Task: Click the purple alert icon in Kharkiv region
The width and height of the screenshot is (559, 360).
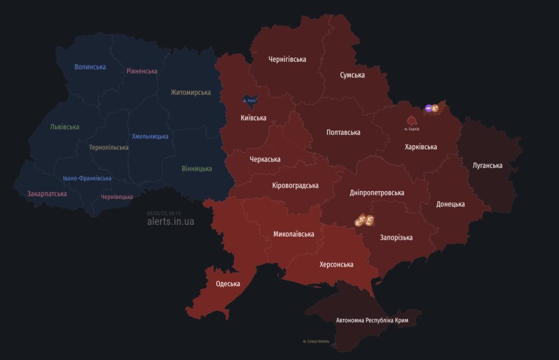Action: [429, 108]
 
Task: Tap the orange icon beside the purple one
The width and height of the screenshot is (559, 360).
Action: [435, 108]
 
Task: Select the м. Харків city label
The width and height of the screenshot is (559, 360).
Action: [412, 129]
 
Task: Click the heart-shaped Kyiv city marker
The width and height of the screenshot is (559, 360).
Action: [249, 100]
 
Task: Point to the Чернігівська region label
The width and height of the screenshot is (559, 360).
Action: [287, 59]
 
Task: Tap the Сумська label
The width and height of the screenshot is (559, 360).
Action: [352, 75]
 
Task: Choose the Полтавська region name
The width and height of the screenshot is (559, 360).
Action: [343, 132]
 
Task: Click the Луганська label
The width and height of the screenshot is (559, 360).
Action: [487, 165]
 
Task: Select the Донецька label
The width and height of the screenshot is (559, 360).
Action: [450, 204]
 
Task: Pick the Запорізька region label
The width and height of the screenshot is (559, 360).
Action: [396, 237]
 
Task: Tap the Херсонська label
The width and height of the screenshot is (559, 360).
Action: [336, 265]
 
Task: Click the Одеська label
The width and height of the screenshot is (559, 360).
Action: [228, 284]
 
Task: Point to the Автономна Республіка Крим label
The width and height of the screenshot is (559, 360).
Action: [372, 320]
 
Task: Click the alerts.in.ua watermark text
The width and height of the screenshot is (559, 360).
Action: [170, 221]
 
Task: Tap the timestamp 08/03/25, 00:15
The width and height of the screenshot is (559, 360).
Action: [164, 213]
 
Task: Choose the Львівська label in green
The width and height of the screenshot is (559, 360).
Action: [64, 127]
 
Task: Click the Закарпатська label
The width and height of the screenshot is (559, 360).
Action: [47, 194]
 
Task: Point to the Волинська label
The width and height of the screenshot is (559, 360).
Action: [90, 67]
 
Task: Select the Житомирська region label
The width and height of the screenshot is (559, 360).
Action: [191, 92]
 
